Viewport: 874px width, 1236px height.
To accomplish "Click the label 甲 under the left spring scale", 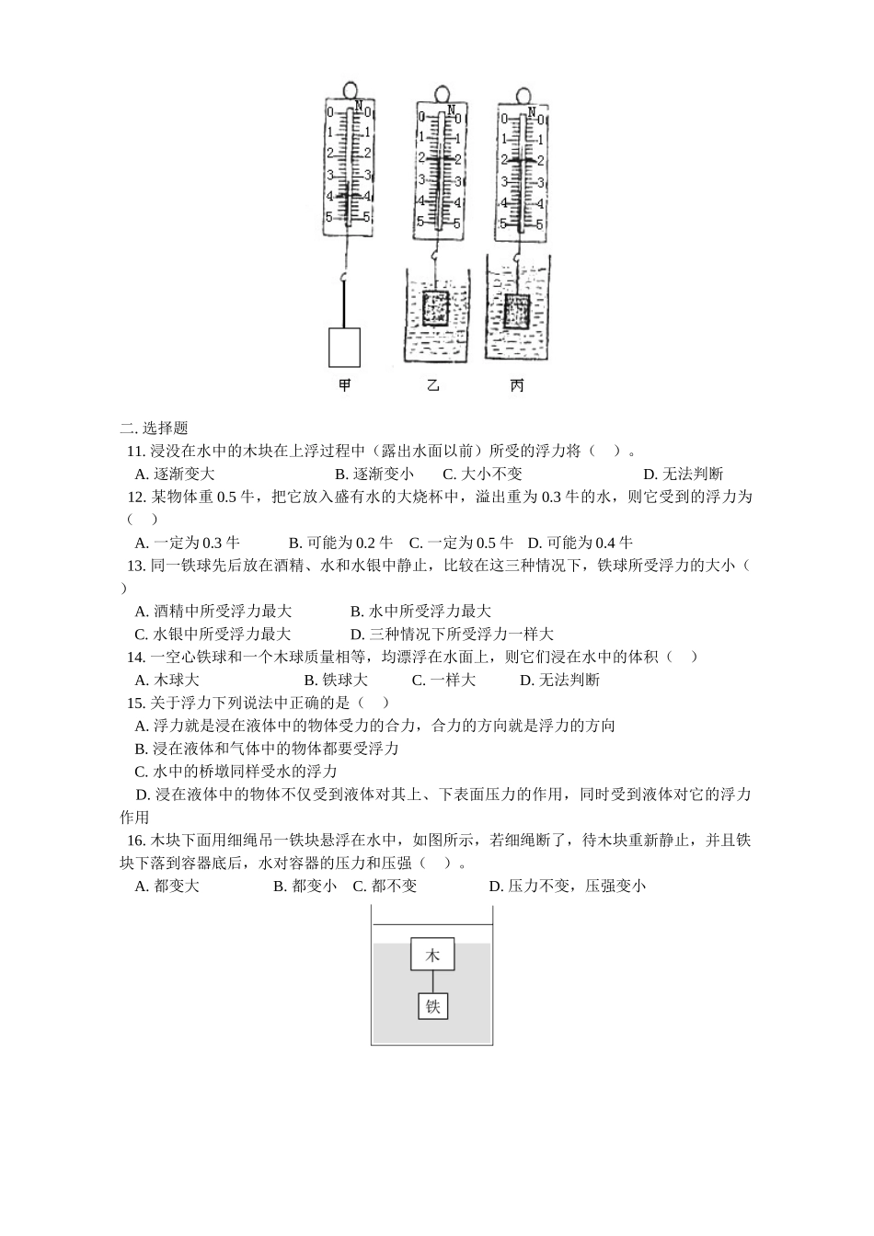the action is [x=345, y=385].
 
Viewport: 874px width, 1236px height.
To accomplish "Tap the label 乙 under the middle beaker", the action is [x=433, y=385].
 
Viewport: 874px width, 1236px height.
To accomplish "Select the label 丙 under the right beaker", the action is [x=517, y=385].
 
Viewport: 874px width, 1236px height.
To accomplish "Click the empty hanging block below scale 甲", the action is [x=345, y=347].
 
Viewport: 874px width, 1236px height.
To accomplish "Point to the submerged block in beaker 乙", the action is [x=435, y=308].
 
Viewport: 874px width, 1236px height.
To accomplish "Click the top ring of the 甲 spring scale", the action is [x=351, y=89].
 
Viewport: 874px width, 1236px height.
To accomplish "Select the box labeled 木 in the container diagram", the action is [x=432, y=955].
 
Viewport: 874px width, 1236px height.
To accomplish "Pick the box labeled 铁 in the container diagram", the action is [x=432, y=1006].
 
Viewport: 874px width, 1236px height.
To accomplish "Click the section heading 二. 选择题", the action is [x=154, y=428].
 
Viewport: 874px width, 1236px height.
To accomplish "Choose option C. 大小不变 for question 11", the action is [x=482, y=474].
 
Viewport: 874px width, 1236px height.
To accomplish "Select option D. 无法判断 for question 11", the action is [x=683, y=474].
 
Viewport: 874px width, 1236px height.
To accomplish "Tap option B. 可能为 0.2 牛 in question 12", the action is [x=340, y=543].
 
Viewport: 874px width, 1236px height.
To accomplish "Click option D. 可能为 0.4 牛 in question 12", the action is [x=580, y=543].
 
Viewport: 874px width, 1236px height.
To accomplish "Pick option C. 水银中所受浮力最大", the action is [x=213, y=634].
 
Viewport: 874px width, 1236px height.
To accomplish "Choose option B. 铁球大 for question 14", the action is [x=336, y=680].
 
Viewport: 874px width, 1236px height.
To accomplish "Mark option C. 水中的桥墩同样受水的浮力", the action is [x=236, y=771].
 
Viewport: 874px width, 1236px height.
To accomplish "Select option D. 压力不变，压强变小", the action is [x=567, y=886].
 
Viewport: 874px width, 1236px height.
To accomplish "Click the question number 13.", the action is [x=136, y=566].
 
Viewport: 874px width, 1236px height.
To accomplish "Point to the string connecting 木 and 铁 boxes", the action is [x=432, y=981].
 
